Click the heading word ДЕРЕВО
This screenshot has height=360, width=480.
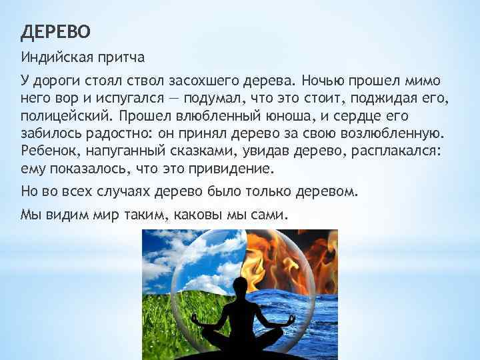pos(56,31)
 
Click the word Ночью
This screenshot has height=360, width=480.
pos(325,81)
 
